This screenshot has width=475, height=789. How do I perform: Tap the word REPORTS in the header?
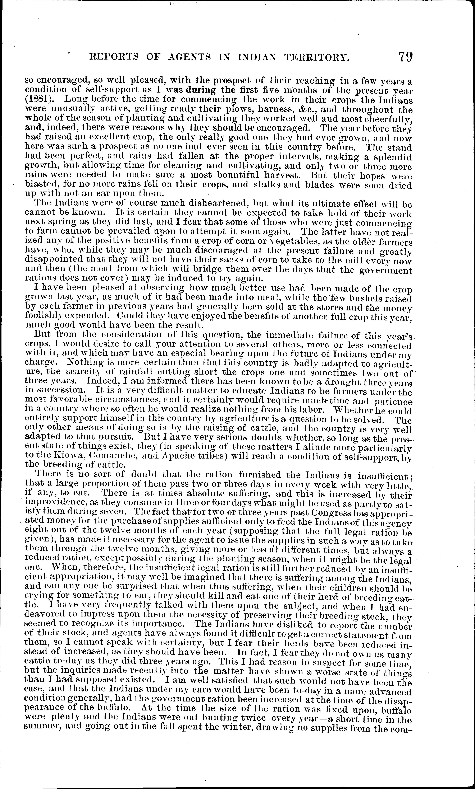tap(113, 57)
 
